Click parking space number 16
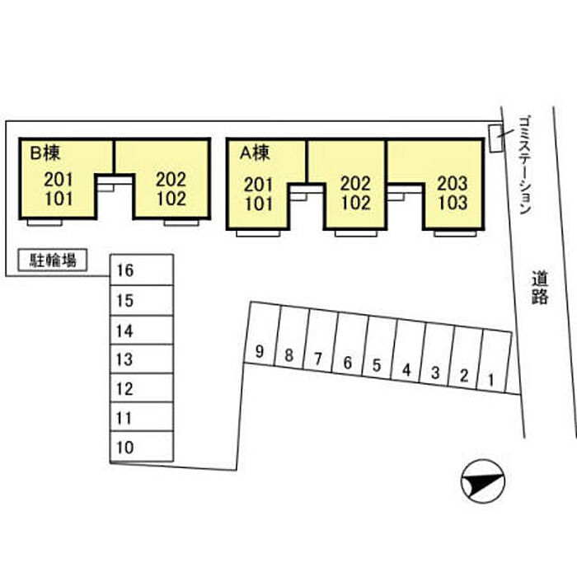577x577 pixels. pos(142,270)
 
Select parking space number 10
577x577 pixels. pos(142,447)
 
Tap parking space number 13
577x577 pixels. pos(142,359)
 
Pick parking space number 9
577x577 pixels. pos(262,335)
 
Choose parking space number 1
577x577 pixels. pos(494,363)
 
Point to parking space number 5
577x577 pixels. pos(379,349)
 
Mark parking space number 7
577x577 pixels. pos(321,341)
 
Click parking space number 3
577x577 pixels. pos(437,355)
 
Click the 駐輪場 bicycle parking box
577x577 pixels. pos(53,260)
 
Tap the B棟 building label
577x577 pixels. pos(45,152)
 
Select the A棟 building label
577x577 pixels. pos(254,152)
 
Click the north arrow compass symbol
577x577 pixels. pos(483,481)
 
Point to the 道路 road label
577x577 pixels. pos(540,288)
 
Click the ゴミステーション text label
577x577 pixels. pos(525,165)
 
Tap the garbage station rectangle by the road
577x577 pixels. pos(495,138)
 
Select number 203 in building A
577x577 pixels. pos(453,183)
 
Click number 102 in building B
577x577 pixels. pos(171,199)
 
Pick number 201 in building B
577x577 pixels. pos(59,180)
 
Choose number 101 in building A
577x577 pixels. pos(259,204)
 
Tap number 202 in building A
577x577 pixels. pos(355,184)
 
